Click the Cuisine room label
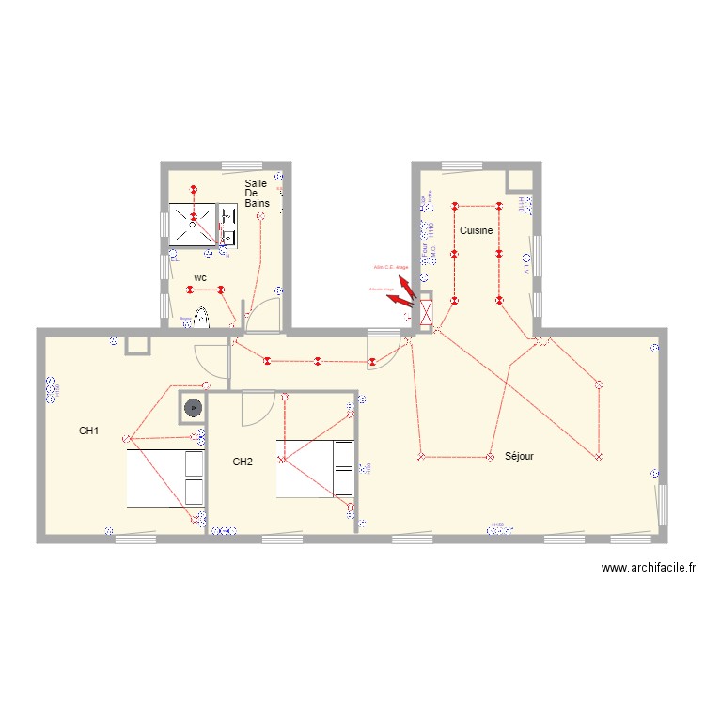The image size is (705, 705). pos(476,230)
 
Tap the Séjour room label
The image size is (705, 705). pos(519,456)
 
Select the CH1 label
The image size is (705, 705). pos(89,431)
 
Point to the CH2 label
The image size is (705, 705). pos(243,462)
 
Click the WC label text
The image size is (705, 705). pos(200,278)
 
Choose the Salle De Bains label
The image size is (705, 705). pos(256,193)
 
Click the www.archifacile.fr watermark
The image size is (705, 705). pos(649,568)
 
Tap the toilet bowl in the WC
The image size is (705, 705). pos(200,317)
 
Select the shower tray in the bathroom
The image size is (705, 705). pos(192,226)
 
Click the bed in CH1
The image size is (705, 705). pos(165,478)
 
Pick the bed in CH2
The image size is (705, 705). pos(315,467)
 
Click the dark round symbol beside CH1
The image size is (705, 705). pos(194,408)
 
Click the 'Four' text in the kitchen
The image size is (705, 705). pos(424,251)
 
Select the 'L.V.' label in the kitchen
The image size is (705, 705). pos(527,268)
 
